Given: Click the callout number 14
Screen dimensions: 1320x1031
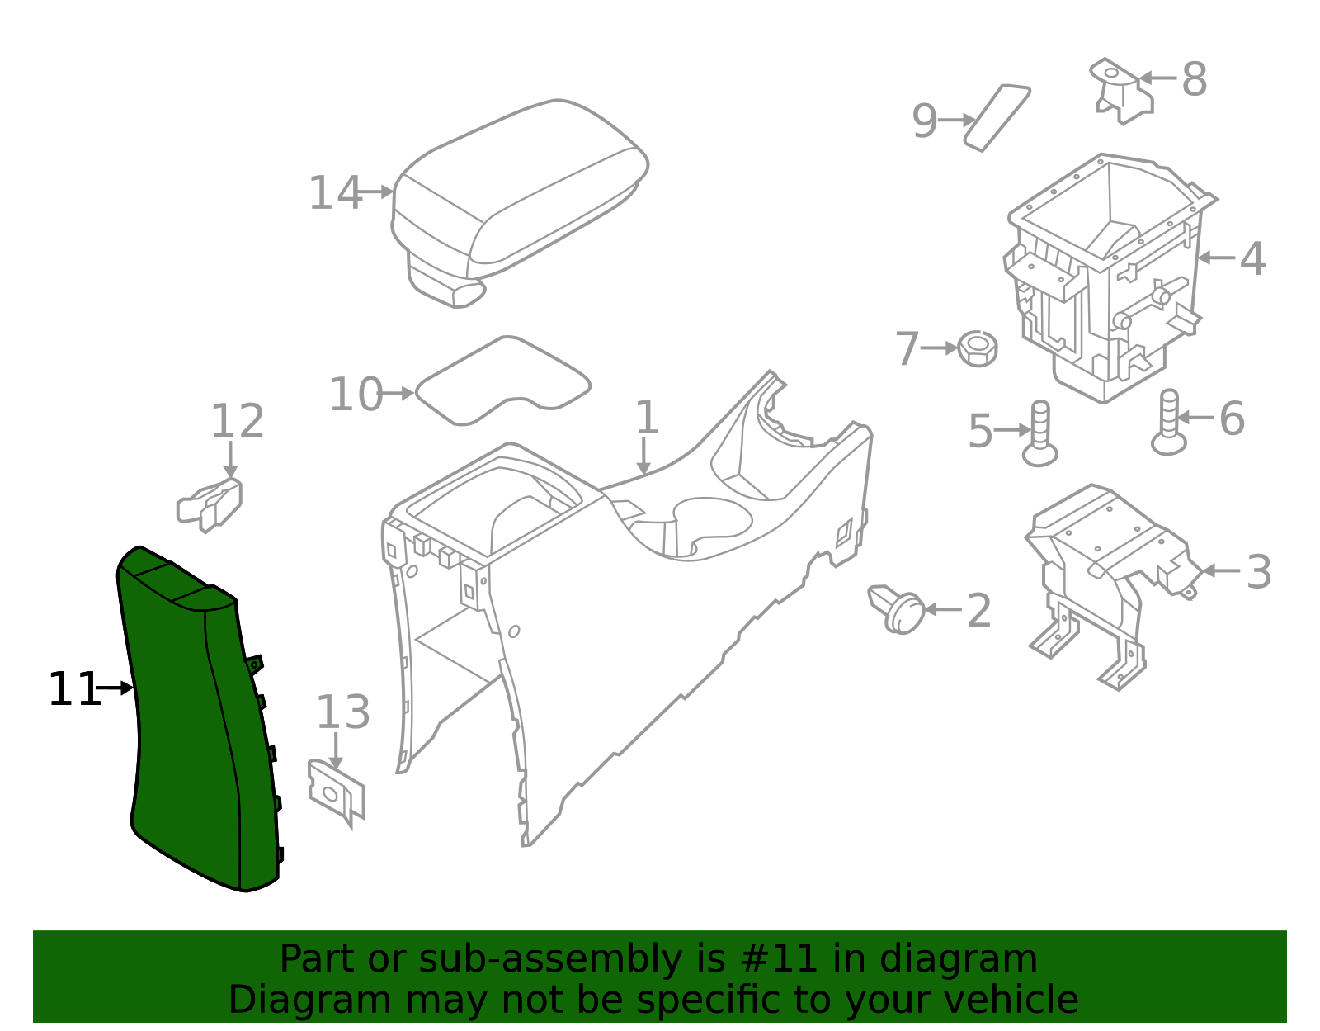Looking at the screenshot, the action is click(335, 193).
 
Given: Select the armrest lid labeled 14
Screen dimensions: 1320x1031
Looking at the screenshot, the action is click(520, 203).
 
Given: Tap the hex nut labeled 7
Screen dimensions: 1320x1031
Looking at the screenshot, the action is click(978, 348).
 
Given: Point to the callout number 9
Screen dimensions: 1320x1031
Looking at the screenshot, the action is click(925, 121).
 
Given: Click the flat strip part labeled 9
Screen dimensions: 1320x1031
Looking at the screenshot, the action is click(997, 118).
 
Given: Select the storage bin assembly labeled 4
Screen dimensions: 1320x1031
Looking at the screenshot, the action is click(1110, 277).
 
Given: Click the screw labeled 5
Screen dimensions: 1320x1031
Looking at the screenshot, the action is click(1040, 433).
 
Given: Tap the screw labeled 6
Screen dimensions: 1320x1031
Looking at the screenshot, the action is click(1169, 423).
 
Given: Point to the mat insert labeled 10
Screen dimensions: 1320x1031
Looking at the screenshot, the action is click(503, 381).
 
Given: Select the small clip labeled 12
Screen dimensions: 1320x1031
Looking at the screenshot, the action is click(210, 505).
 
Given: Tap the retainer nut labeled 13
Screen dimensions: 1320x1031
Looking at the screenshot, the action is click(337, 793).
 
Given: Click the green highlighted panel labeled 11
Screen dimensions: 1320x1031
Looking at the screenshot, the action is click(200, 719).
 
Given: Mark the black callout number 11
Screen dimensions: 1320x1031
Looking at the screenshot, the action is click(73, 689).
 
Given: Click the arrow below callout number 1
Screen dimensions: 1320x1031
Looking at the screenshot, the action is click(643, 456).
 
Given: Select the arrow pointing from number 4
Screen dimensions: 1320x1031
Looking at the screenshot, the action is click(1215, 258).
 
